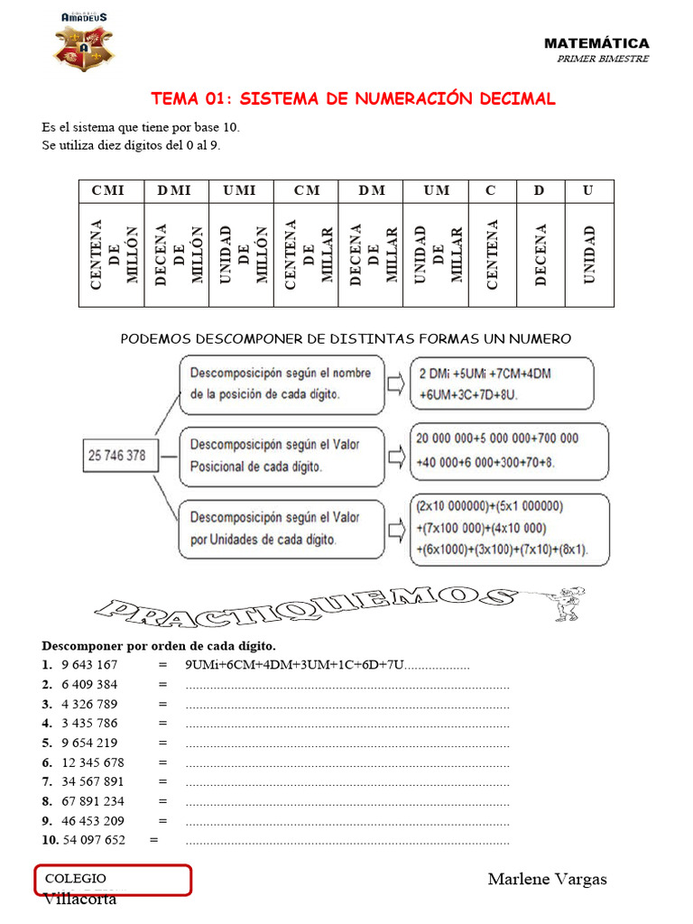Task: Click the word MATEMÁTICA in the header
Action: pos(596,43)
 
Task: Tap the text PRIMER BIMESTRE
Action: pos(603,59)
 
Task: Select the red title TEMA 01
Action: pos(353,98)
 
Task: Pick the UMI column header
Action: pos(240,190)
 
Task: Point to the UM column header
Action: pos(436,190)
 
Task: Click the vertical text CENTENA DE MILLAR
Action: pos(305,254)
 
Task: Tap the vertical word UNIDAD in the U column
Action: pos(588,254)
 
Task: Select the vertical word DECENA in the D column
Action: pos(540,254)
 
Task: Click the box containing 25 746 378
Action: pos(117,456)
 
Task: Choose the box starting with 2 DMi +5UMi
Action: pos(501,383)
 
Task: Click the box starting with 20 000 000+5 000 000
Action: pos(508,450)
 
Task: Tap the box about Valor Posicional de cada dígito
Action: pos(282,456)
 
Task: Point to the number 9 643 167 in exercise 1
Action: pos(89,665)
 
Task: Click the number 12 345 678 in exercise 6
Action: pos(93,762)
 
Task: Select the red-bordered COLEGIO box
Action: pos(114,880)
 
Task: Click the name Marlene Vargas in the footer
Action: pos(547,879)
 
